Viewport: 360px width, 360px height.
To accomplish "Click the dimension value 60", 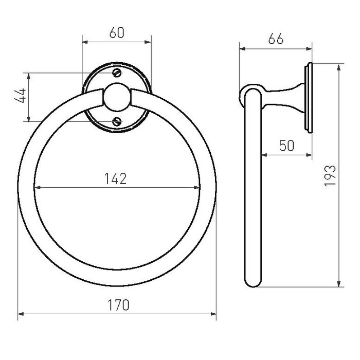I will pyautogui.click(x=117, y=33).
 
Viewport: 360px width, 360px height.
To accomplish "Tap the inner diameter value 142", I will pyautogui.click(x=117, y=178).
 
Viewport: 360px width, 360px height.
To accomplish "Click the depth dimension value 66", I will pyautogui.click(x=276, y=40).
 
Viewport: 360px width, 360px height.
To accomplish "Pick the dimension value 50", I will pyautogui.click(x=286, y=146).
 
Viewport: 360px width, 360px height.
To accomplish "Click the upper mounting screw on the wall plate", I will pyautogui.click(x=117, y=73).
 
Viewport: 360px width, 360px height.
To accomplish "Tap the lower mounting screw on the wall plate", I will pyautogui.click(x=117, y=121).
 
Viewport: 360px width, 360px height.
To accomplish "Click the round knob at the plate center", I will pyautogui.click(x=117, y=97).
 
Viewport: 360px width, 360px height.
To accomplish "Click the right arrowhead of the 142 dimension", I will pyautogui.click(x=198, y=187).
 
